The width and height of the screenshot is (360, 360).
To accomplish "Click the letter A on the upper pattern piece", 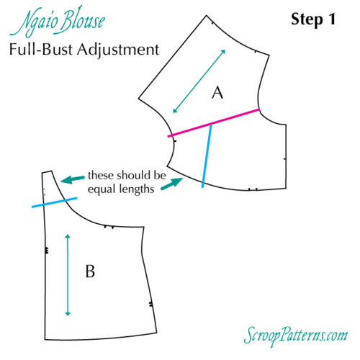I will (217, 92).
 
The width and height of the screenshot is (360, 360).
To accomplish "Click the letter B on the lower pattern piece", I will (90, 271).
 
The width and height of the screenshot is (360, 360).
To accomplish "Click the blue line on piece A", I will (207, 156).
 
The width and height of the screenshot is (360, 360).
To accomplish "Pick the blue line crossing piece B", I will (54, 203).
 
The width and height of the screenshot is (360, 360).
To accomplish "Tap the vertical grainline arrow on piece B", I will (68, 274).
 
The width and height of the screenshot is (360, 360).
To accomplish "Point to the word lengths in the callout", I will (137, 190).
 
